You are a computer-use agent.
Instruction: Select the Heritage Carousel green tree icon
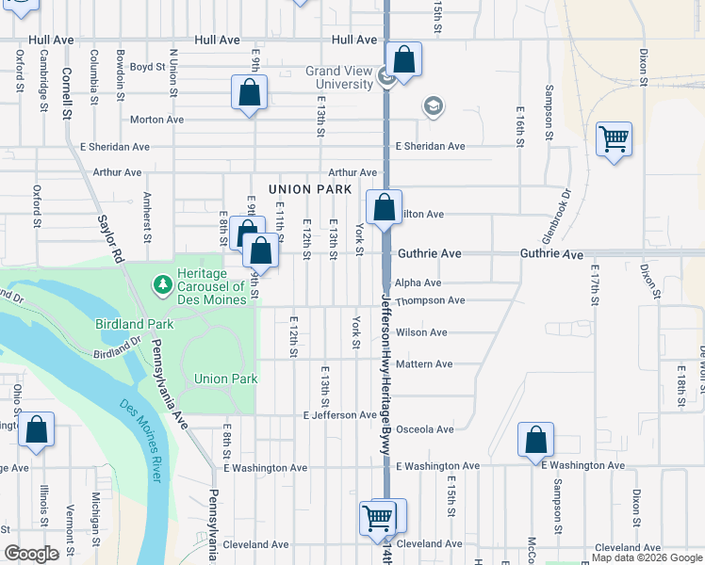coord(162,282)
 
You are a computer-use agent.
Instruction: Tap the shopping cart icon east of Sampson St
coord(614,139)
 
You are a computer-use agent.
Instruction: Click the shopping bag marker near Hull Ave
coord(403,60)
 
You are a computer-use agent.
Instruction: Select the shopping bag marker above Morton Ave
coord(249,93)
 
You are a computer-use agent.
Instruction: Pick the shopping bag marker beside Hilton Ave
coord(385,207)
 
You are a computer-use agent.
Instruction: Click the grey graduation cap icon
coord(434,105)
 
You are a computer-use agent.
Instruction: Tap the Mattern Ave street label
coord(424,364)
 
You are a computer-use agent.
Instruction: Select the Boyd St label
coord(147,67)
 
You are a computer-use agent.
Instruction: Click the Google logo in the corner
coord(31,554)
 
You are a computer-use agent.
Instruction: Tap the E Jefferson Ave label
coord(339,415)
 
